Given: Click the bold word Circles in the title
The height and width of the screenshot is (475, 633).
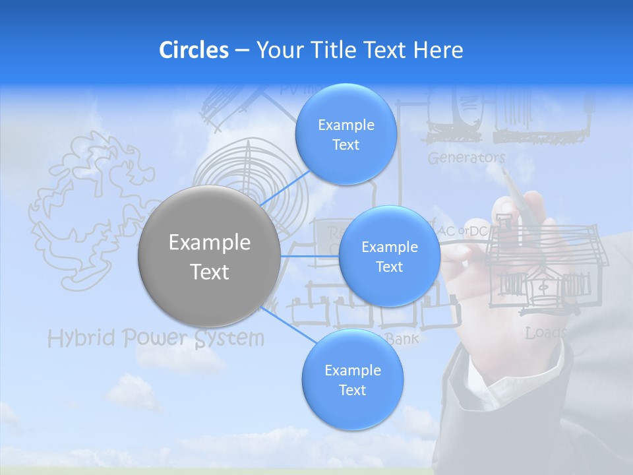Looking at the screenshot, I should (x=193, y=50).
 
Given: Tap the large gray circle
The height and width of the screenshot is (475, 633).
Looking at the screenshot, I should (x=209, y=256).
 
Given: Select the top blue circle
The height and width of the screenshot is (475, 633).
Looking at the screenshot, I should (x=346, y=135).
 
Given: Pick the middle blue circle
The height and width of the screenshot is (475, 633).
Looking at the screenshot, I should (x=389, y=257).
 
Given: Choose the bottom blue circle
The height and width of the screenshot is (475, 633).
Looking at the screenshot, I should (x=352, y=380).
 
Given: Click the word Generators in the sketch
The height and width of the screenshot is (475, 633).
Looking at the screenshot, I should (x=466, y=158).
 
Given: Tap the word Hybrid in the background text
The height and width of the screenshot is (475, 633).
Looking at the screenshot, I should (x=80, y=339).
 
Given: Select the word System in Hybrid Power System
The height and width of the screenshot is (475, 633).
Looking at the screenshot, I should (x=229, y=338).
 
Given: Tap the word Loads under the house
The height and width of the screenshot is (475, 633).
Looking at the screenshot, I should (x=545, y=333).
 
